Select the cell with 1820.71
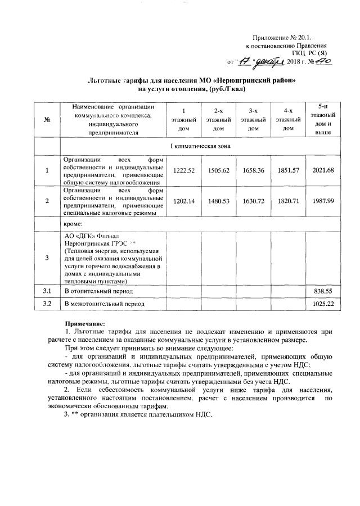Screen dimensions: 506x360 point(289,201)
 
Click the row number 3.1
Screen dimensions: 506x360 point(47,291)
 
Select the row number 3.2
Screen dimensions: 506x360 point(47,304)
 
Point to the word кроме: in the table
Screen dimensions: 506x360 point(74,223)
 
